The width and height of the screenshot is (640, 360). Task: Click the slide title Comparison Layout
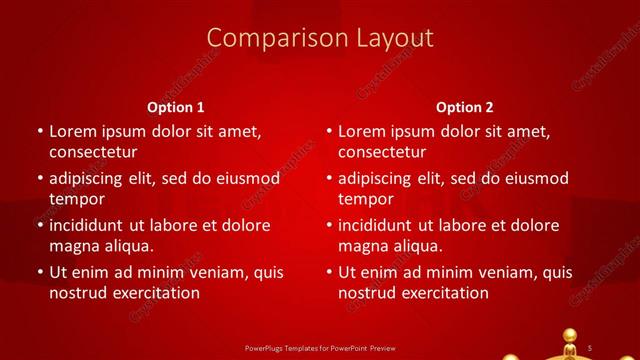coord(320,38)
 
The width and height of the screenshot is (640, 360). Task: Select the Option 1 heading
coord(175,107)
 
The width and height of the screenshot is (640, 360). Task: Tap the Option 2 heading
coord(465,107)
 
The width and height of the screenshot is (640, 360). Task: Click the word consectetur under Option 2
coord(382,152)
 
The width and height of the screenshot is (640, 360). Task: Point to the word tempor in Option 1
coord(77,199)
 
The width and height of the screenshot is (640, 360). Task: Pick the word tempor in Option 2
coord(366,199)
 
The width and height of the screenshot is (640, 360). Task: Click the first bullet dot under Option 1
coord(40,132)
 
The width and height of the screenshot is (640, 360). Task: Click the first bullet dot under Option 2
coord(329,132)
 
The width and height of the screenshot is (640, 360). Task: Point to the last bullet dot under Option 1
coord(40,272)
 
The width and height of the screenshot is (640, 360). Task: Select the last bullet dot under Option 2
coord(329,272)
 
